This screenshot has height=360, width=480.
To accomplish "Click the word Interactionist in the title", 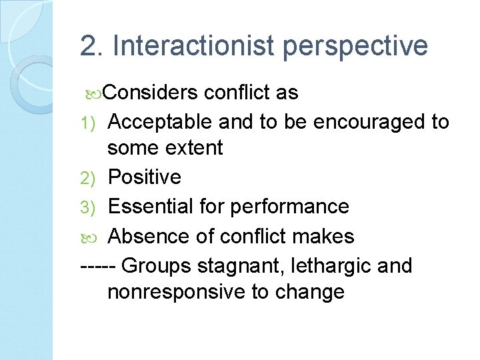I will point(194,46).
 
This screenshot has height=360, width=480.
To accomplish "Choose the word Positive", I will point(145,177).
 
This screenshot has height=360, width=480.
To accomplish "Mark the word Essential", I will point(150,206).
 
